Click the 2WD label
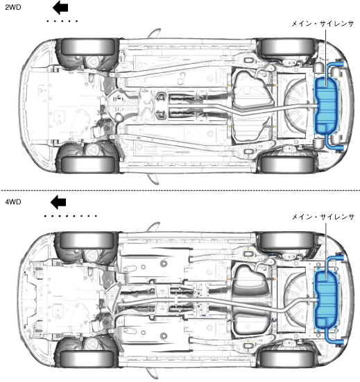tap(13, 8)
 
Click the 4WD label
tap(13, 202)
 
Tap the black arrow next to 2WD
tap(60, 8)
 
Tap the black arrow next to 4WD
tap(58, 202)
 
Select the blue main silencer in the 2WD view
tap(326, 106)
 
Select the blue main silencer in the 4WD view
tap(326, 299)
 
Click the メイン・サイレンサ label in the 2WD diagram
tap(323, 24)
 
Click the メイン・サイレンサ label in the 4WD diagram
tap(323, 217)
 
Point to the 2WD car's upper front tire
tap(88, 47)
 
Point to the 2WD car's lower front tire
tap(88, 165)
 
